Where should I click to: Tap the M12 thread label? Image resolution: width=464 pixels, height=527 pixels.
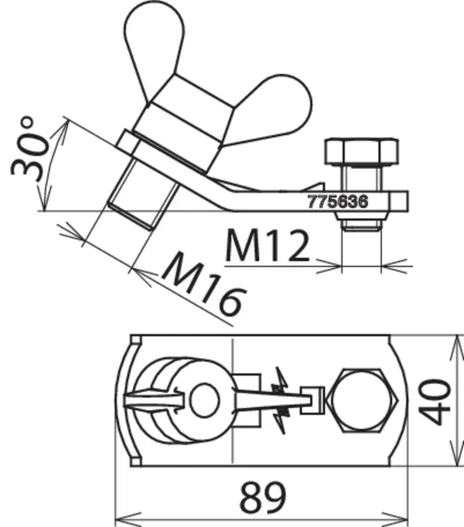(267, 245)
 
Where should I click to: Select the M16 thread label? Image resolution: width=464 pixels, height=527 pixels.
(204, 284)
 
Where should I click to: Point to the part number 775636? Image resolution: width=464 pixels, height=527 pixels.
(338, 202)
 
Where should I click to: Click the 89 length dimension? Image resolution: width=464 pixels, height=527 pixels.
(262, 496)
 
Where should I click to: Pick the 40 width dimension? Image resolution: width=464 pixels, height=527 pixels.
(435, 401)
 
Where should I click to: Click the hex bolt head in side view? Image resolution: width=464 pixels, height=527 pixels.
(362, 152)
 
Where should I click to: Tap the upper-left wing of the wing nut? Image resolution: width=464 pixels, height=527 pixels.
(153, 47)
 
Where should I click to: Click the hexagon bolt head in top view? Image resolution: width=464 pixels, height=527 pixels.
(364, 400)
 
